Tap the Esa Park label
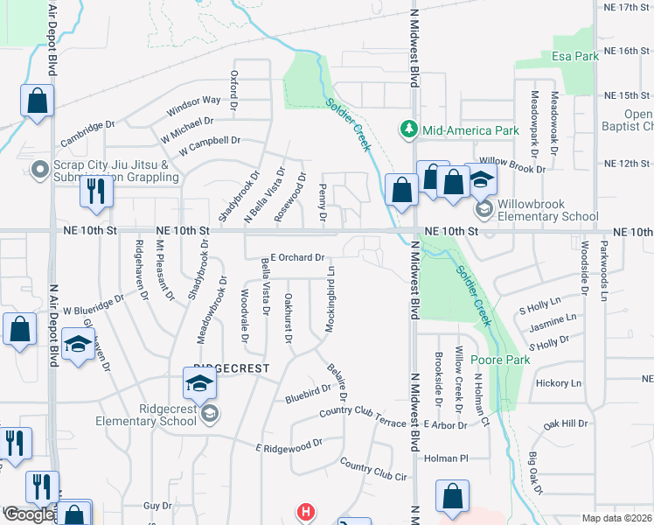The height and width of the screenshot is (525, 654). [x=574, y=56]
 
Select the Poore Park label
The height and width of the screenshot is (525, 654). [x=500, y=360]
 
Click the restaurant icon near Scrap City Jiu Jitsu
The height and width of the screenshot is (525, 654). [x=95, y=191]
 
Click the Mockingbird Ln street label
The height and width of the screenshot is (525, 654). [x=332, y=297]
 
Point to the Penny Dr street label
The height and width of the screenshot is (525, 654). [x=323, y=202]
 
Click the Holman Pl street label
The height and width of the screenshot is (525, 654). [x=447, y=458]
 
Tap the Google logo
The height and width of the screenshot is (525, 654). [x=28, y=514]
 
